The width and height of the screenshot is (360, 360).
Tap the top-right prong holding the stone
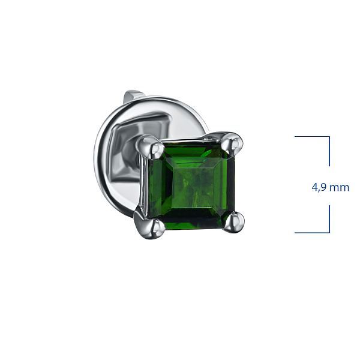coord(233,144)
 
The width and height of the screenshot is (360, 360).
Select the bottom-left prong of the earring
coord(151,226)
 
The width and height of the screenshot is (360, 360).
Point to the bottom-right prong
coord(234,222)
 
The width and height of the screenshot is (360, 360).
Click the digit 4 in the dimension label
coord(314,187)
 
